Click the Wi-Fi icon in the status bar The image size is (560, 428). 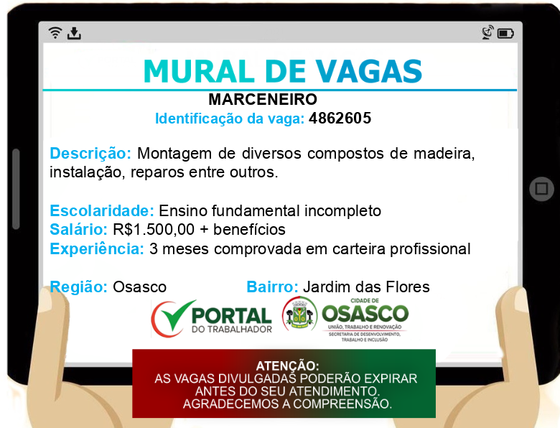[55, 32]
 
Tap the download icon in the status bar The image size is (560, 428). [74, 33]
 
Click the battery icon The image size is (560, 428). [505, 34]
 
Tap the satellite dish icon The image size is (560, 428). [487, 32]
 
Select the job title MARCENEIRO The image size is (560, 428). [263, 99]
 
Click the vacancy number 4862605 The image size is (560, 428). [340, 118]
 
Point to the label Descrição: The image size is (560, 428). [90, 153]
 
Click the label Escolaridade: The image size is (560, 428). [102, 211]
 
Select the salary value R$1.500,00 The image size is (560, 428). [154, 230]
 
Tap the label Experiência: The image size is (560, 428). [97, 249]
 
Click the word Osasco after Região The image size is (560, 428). [140, 287]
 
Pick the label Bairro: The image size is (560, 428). [272, 287]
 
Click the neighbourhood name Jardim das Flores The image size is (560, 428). [366, 287]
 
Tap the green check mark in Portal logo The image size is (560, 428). [177, 315]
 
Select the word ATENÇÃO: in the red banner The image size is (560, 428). [287, 366]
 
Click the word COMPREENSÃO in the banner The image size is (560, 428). [342, 404]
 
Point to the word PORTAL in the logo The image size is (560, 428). [231, 316]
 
